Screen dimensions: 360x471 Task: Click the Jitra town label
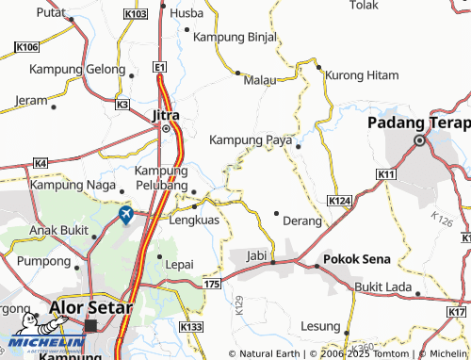166,115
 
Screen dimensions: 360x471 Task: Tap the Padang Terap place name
419,123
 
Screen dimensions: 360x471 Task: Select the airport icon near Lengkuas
125,216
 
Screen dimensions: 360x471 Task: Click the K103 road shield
135,15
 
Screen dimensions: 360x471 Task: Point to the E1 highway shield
161,68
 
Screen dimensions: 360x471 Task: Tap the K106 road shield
28,47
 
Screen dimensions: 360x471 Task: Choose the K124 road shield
340,203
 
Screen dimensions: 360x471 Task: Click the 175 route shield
211,283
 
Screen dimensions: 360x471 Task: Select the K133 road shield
191,327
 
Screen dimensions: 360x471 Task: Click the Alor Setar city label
90,307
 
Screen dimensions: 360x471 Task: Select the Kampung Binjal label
235,38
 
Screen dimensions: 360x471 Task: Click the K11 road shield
385,175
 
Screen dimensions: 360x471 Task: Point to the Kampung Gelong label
76,70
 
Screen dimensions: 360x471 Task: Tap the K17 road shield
458,312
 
